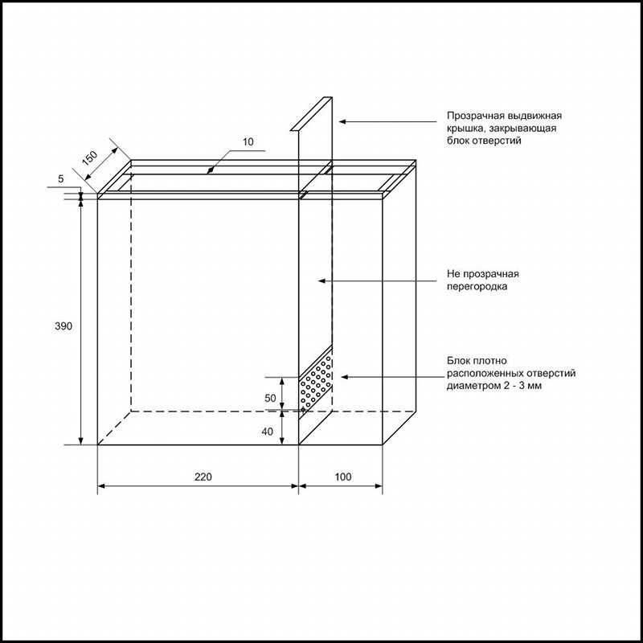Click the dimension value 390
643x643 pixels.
coord(63,326)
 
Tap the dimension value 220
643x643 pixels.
coord(203,477)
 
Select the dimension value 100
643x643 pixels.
coord(343,477)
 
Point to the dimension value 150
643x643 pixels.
coord(90,158)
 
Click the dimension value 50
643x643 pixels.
coord(270,398)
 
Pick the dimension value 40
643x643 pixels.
coord(267,432)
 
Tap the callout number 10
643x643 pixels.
coord(248,142)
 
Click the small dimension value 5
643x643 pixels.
coord(61,178)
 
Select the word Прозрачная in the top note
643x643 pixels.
coord(473,116)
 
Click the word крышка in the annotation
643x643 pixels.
coord(465,129)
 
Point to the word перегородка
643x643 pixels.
coord(477,287)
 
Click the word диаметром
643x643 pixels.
coord(473,387)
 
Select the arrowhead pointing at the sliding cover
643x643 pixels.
coord(342,121)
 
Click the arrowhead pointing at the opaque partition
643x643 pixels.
coord(322,281)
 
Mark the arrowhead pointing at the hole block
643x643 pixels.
coord(345,377)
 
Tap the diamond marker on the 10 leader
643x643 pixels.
coord(210,170)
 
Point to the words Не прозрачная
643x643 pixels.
coord(483,274)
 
